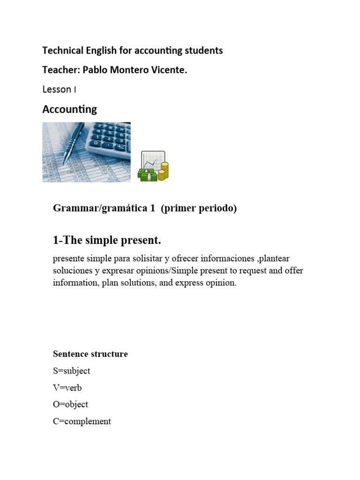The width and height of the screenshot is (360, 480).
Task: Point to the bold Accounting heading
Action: (69, 109)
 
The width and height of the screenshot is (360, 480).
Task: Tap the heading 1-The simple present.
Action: (107, 240)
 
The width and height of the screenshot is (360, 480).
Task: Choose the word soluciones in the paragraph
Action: (71, 271)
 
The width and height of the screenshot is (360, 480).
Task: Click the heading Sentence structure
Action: (90, 354)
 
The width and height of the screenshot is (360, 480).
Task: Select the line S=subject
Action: (71, 371)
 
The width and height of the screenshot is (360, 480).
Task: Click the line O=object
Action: (70, 404)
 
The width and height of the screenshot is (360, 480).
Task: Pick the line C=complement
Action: (82, 421)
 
